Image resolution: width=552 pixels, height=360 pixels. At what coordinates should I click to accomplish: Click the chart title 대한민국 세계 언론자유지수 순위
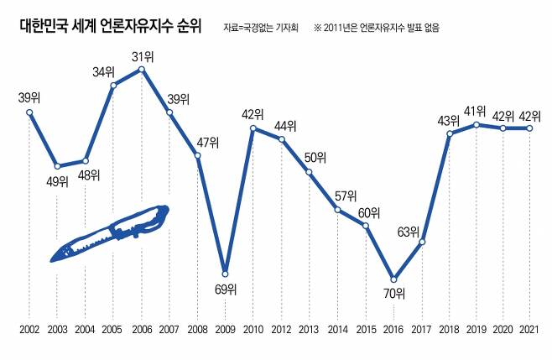click(x=110, y=26)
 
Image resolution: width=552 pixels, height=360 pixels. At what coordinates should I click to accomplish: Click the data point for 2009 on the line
click(x=225, y=273)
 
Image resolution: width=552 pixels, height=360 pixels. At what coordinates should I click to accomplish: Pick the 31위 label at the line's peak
click(x=143, y=56)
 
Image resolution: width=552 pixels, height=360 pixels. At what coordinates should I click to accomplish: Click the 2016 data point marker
click(x=393, y=279)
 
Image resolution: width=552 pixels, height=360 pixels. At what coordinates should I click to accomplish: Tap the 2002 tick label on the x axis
click(x=29, y=331)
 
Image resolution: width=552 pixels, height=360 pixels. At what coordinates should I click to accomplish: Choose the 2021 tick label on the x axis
click(x=529, y=331)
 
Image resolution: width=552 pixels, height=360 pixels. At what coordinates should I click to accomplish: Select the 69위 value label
click(x=224, y=290)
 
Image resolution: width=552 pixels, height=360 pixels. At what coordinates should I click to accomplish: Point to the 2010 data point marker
click(x=253, y=128)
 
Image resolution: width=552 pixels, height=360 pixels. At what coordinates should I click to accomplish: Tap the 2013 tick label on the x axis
click(x=310, y=331)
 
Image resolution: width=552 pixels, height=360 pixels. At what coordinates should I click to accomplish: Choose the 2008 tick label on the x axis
click(x=197, y=331)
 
